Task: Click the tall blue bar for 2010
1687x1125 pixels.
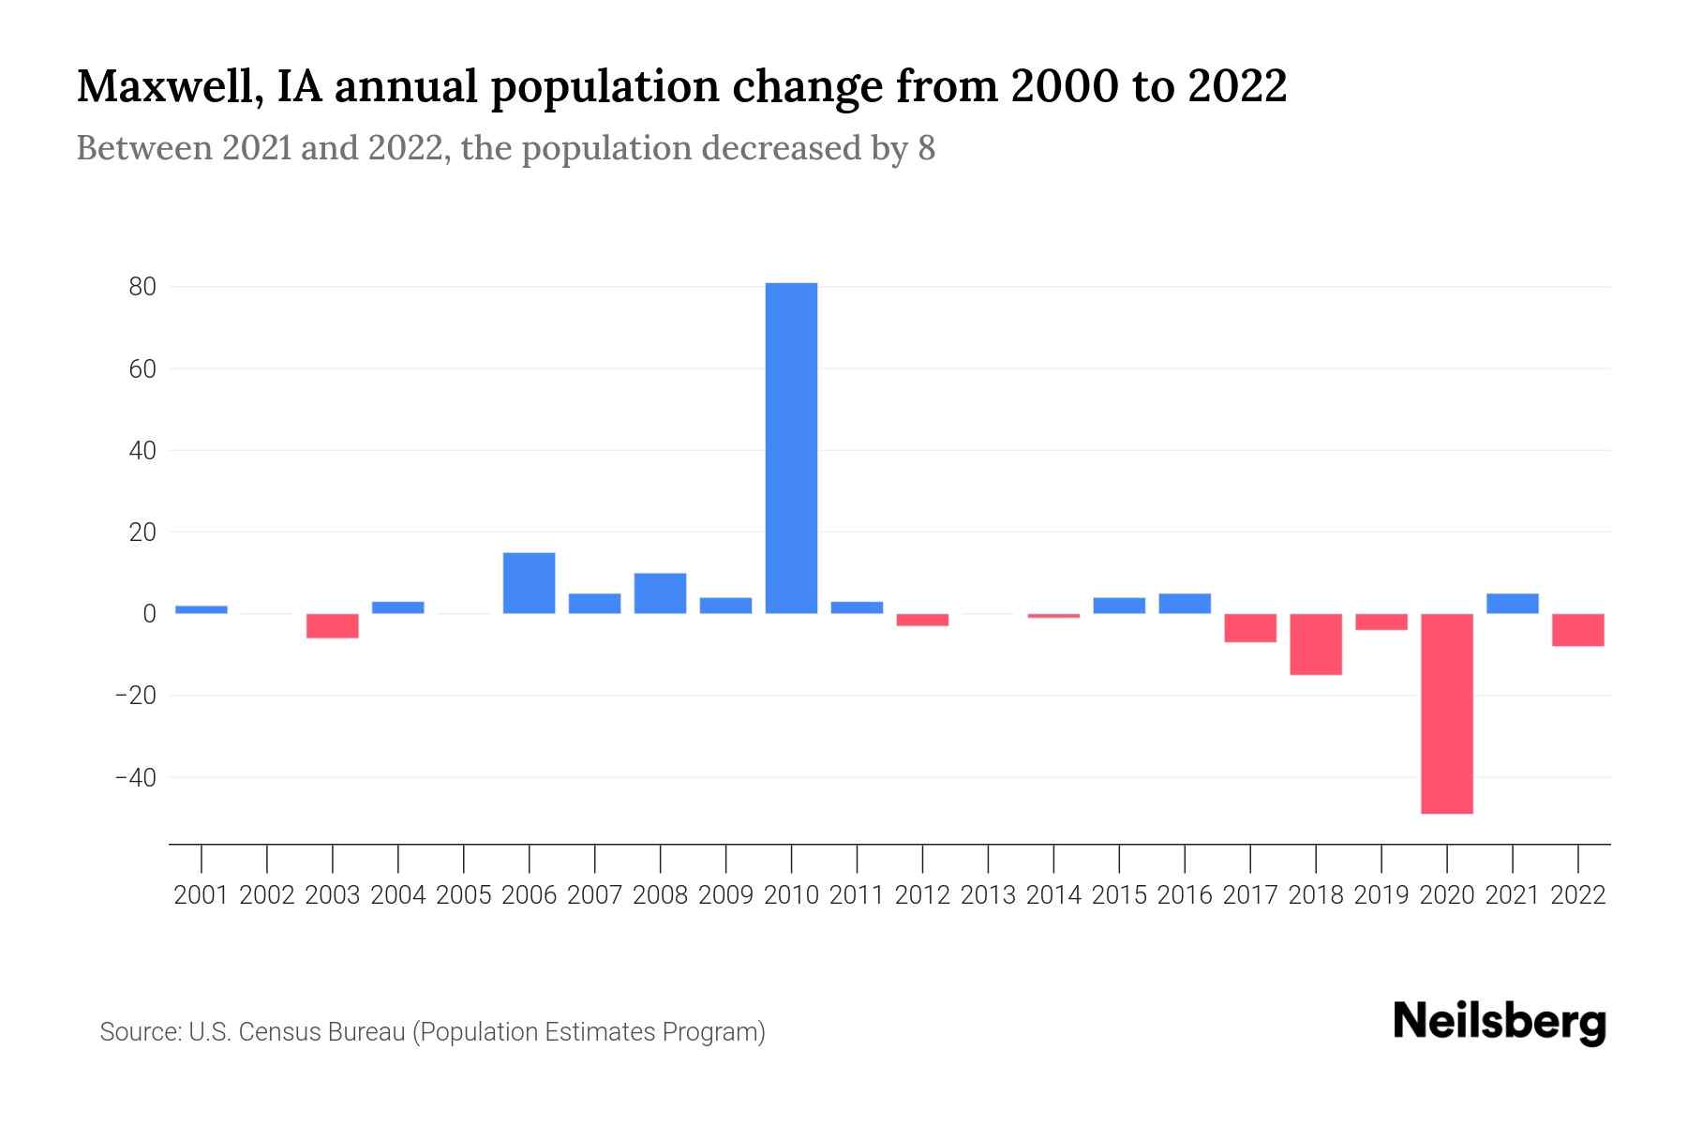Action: tap(791, 448)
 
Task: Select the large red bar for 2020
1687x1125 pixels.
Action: tap(1447, 713)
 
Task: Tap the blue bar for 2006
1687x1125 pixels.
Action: tap(529, 583)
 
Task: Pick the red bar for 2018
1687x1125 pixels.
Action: tap(1316, 644)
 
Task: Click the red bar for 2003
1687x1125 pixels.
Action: tap(333, 626)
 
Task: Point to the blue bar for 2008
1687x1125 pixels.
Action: tap(660, 593)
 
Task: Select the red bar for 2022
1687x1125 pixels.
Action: tap(1578, 630)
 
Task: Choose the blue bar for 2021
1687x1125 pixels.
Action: tap(1513, 604)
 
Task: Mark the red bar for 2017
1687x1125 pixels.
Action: tap(1250, 628)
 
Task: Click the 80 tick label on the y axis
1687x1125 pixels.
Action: tap(142, 287)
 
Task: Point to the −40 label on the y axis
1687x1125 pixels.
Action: tap(135, 777)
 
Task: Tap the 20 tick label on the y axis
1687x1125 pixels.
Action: tap(142, 532)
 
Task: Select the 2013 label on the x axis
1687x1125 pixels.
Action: tap(988, 895)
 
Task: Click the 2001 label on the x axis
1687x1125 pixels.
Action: tap(202, 895)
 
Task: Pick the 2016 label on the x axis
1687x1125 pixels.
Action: tap(1185, 895)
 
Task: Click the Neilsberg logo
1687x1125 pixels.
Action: tap(1500, 1022)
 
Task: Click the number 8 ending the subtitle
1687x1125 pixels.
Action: tap(926, 149)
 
